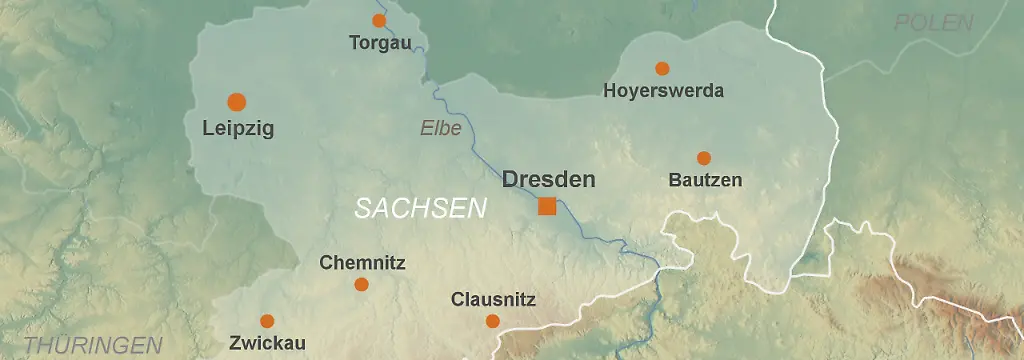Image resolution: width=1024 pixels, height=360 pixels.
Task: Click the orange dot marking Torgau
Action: coord(379,20)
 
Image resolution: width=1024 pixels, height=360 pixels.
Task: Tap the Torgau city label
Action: coord(380,43)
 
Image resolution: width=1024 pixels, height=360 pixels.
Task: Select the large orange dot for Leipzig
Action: coord(237,101)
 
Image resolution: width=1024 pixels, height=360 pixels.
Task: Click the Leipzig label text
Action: coord(238,129)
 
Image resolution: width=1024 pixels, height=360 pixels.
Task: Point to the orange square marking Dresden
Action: coord(547,206)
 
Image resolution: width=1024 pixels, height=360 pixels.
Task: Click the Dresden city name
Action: coord(548,180)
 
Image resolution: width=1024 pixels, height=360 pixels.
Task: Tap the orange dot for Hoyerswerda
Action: coord(662,68)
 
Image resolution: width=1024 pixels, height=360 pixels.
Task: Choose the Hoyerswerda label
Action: coord(663,91)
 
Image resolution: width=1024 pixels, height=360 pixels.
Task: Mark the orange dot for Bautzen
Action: coord(704,158)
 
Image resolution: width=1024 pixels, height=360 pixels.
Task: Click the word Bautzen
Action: coord(705,181)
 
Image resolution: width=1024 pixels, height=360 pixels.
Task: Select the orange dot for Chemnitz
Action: coord(362,285)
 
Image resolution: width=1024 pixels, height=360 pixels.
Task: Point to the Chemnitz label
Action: coord(362,264)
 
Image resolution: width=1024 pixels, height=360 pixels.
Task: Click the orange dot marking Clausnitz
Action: coord(492,321)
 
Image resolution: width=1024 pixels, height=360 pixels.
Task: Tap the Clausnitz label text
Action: coord(493,300)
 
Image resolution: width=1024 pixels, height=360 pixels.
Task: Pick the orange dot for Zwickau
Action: coord(267,321)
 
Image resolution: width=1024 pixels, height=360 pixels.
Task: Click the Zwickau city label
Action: coord(267,343)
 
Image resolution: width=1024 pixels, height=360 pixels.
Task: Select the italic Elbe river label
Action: coord(441,128)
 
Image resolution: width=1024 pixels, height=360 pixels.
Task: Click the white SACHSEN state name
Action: coord(420,208)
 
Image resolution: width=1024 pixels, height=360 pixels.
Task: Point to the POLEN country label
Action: coord(933,23)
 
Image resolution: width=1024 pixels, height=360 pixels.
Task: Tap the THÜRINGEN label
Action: coord(93,346)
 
